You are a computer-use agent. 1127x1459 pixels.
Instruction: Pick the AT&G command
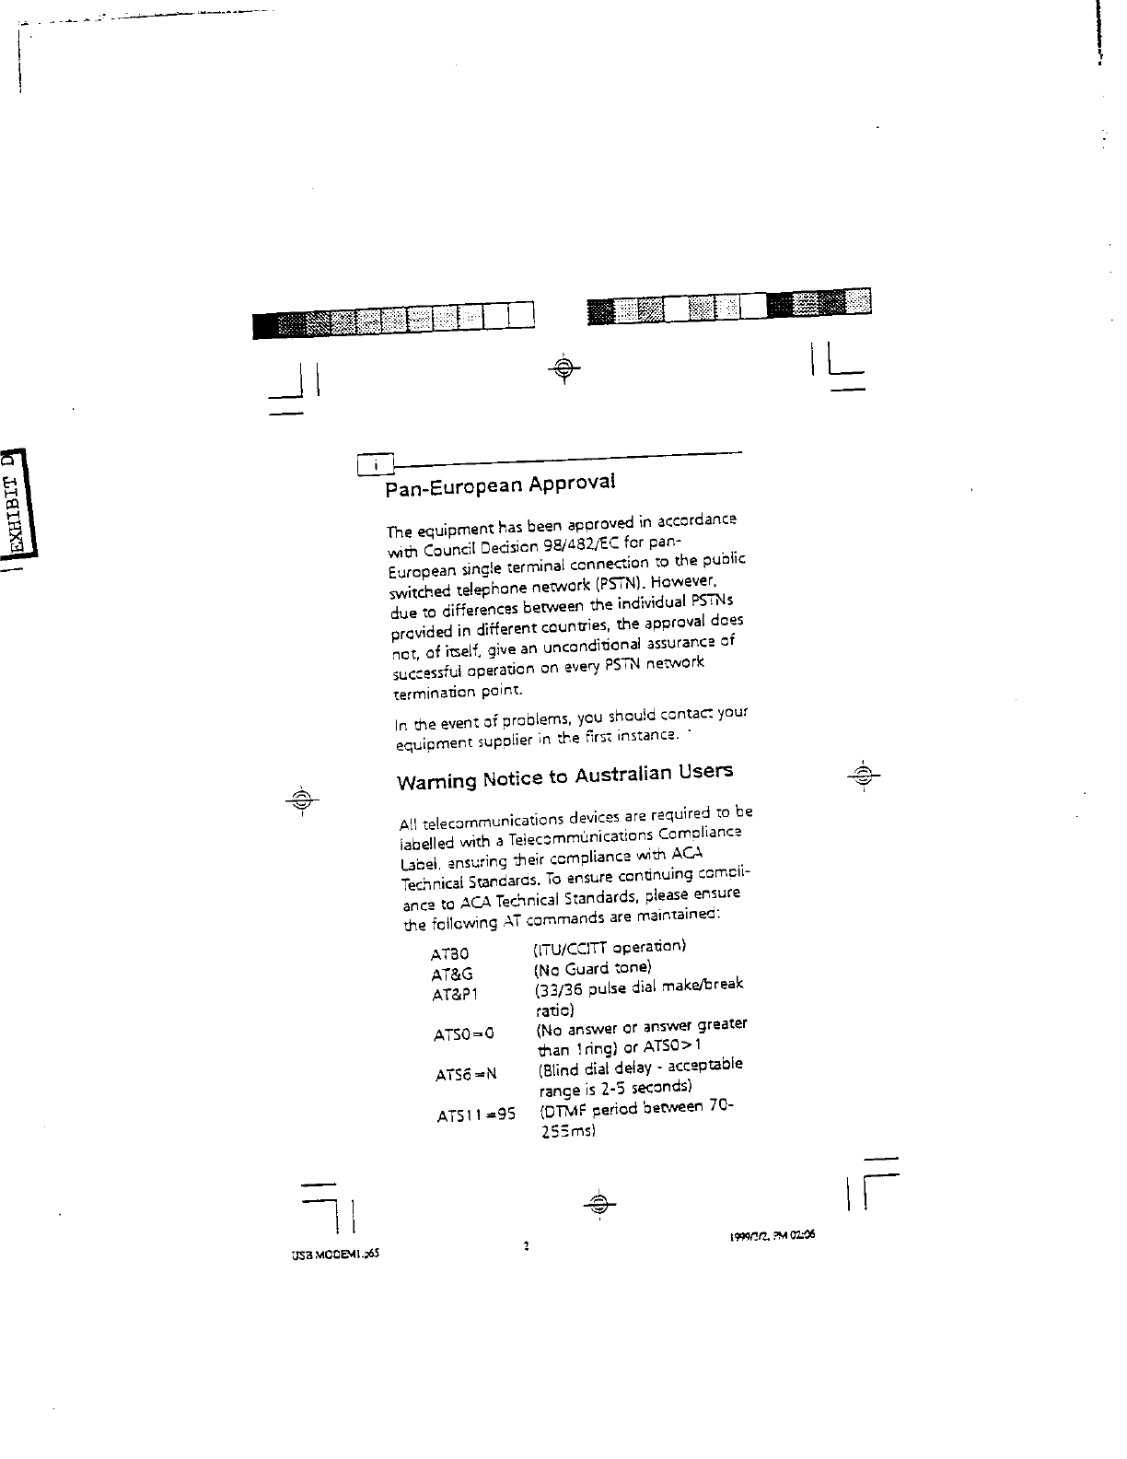(451, 974)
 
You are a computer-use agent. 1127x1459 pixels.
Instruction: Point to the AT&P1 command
(455, 995)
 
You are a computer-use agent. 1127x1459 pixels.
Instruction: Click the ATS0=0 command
(464, 1034)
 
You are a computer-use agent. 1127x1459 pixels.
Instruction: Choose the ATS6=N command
(466, 1074)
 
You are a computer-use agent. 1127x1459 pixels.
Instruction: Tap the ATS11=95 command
(475, 1116)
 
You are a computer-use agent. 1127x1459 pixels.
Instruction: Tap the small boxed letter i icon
(374, 466)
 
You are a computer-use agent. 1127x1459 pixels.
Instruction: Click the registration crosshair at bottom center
(599, 1203)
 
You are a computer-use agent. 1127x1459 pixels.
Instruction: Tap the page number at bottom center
(526, 1246)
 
